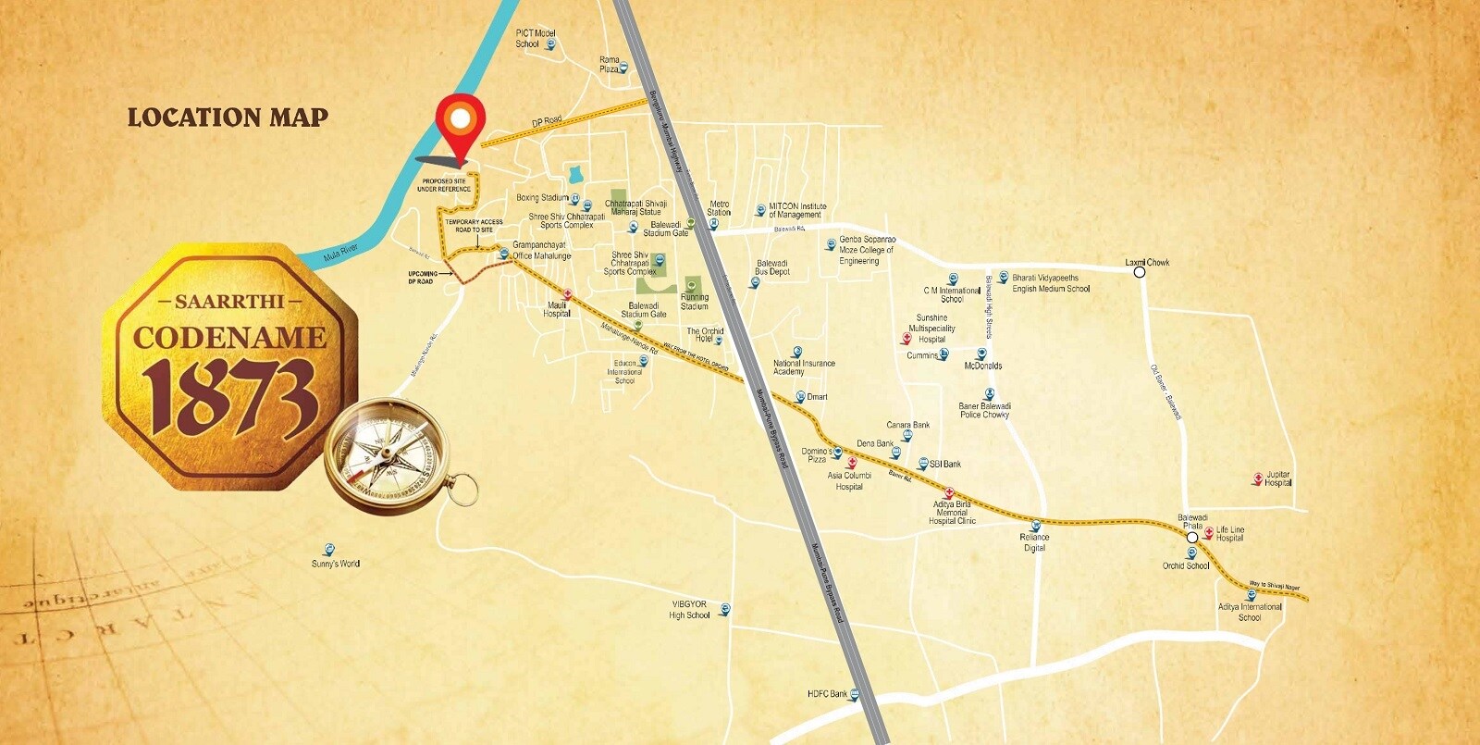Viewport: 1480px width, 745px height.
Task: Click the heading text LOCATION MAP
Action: (228, 118)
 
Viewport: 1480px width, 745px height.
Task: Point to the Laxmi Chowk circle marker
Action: (1140, 272)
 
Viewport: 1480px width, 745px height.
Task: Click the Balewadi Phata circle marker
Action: (1192, 537)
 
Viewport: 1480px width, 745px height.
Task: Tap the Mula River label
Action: (339, 252)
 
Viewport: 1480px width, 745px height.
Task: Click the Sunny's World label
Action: (335, 564)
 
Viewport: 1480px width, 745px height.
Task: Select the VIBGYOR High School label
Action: (689, 610)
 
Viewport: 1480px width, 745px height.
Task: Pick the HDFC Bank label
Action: (827, 694)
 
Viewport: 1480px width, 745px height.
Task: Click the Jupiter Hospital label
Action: (1277, 478)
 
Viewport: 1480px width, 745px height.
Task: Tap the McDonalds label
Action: (982, 366)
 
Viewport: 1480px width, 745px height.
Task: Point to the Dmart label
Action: (817, 397)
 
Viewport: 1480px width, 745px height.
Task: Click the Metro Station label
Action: (719, 208)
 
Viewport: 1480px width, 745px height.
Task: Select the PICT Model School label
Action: (535, 38)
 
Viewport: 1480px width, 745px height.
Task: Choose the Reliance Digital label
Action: (1034, 542)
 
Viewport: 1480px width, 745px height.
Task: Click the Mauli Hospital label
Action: (556, 309)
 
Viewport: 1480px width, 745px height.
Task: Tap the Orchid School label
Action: (1186, 565)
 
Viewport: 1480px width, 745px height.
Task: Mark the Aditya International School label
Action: (1250, 612)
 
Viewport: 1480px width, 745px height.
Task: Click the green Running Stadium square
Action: (693, 285)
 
